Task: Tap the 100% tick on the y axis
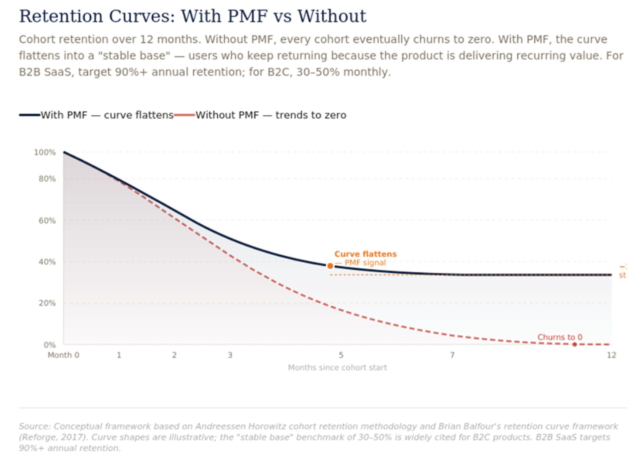pyautogui.click(x=45, y=153)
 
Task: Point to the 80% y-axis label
pyautogui.click(x=47, y=179)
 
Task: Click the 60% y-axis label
pyautogui.click(x=47, y=221)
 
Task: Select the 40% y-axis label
pyautogui.click(x=47, y=262)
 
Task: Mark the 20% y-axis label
pyautogui.click(x=47, y=303)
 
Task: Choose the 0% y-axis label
pyautogui.click(x=49, y=345)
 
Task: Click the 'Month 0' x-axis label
pyautogui.click(x=64, y=355)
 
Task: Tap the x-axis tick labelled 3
pyautogui.click(x=230, y=355)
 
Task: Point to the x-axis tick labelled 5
pyautogui.click(x=341, y=355)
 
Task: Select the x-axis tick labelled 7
pyautogui.click(x=452, y=355)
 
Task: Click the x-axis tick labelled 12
pyautogui.click(x=611, y=355)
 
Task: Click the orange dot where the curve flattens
pyautogui.click(x=330, y=266)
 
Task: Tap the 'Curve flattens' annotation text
pyautogui.click(x=365, y=254)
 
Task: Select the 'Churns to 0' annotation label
pyautogui.click(x=560, y=337)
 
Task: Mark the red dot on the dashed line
pyautogui.click(x=574, y=345)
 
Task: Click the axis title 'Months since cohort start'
pyautogui.click(x=337, y=368)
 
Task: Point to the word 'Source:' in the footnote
pyautogui.click(x=34, y=427)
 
